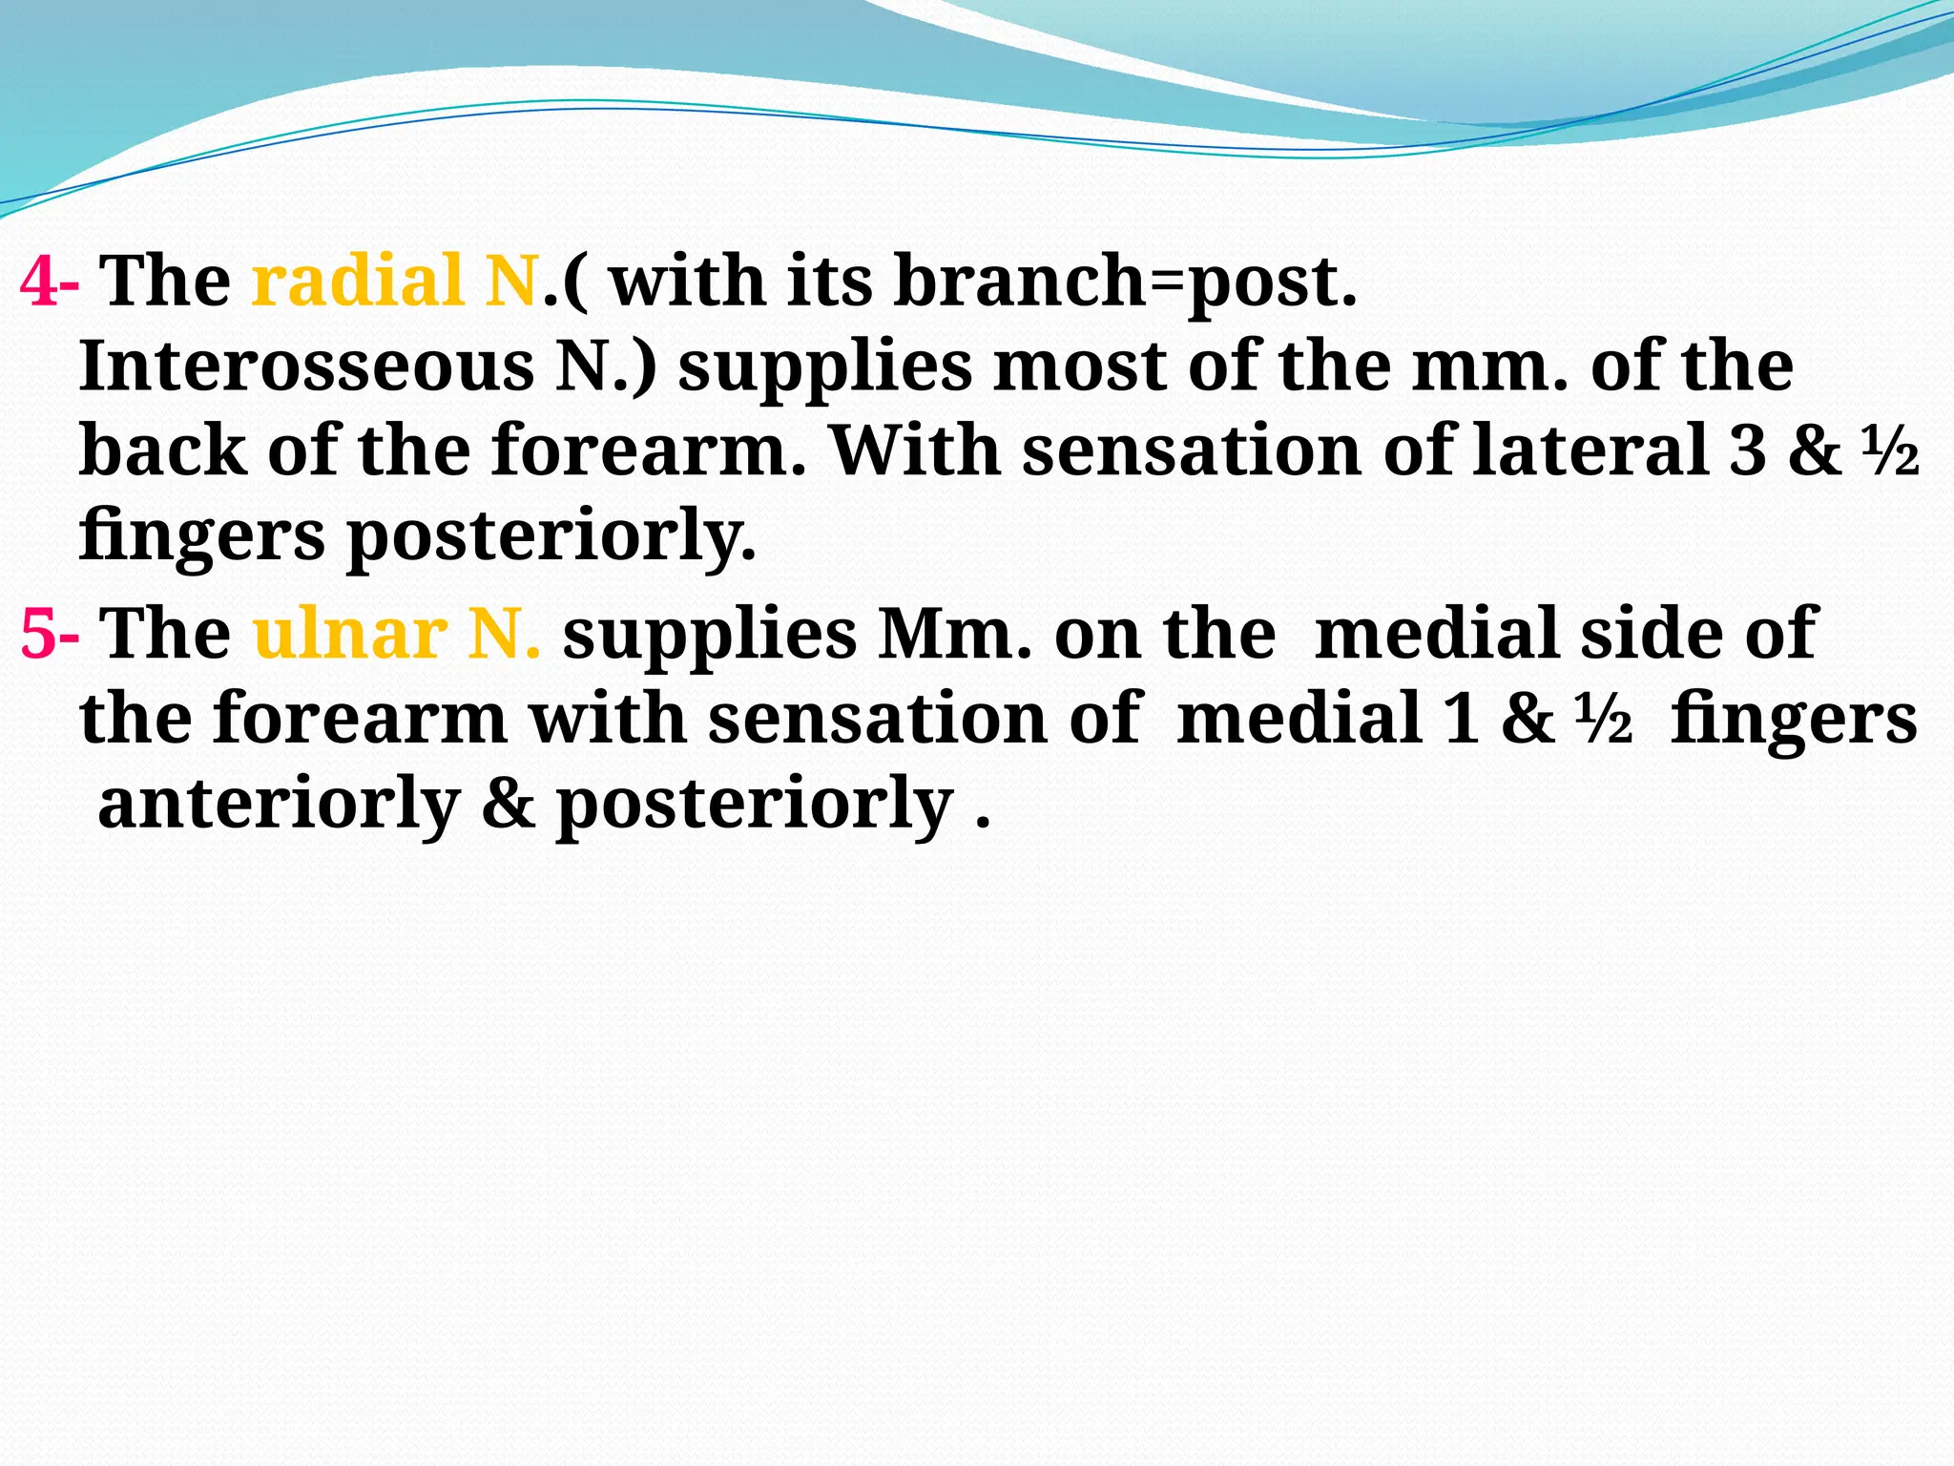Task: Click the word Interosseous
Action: (x=305, y=366)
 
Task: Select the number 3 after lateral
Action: (x=1748, y=450)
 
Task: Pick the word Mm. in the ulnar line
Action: (x=954, y=635)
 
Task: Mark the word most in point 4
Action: (x=1079, y=367)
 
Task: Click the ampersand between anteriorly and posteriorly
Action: (x=508, y=804)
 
